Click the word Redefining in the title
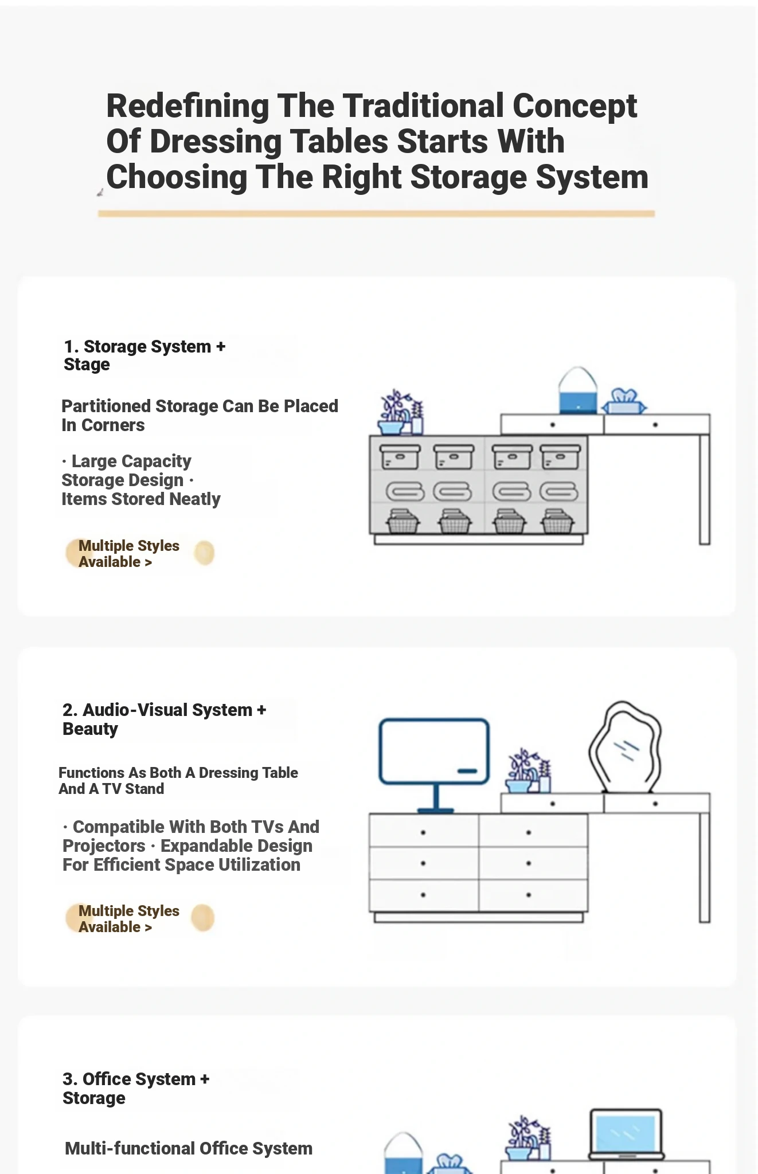point(188,107)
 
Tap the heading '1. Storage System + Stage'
point(144,355)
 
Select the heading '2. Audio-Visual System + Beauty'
point(164,719)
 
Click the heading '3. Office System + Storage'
point(136,1089)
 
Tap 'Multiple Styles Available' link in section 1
point(129,554)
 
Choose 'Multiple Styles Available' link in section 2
point(129,919)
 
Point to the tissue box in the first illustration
point(624,401)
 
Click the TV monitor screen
point(435,751)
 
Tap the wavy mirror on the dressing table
point(625,747)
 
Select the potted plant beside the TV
point(528,772)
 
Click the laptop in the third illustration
point(626,1134)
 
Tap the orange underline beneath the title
point(376,214)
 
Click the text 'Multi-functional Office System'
point(189,1148)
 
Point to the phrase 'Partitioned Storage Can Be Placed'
point(200,406)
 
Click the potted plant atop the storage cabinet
point(400,412)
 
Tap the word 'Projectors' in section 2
point(104,846)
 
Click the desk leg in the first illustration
point(705,490)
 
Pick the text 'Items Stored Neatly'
point(141,499)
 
